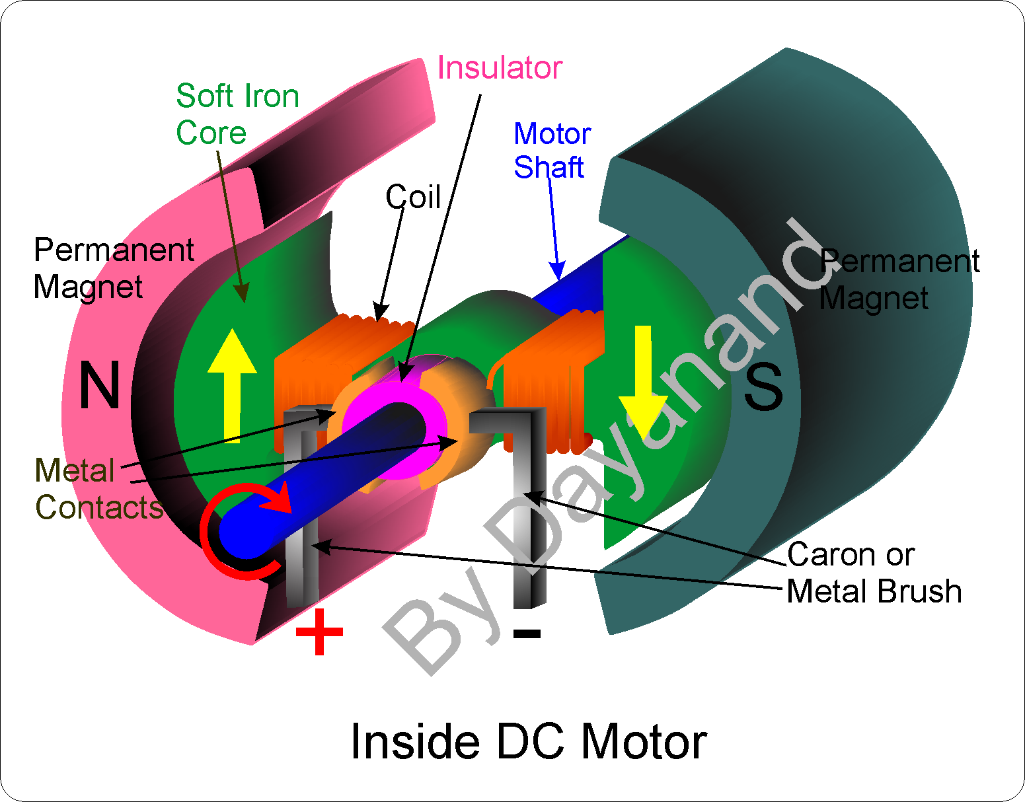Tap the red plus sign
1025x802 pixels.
point(319,632)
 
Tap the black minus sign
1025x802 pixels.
point(527,634)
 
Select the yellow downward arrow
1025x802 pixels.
point(642,383)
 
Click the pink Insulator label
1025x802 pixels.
point(500,68)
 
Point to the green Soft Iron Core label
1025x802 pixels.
point(237,114)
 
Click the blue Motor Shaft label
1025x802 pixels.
point(551,151)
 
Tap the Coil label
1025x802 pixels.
point(413,197)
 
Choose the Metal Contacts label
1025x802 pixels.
point(98,489)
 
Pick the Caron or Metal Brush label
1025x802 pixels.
point(873,573)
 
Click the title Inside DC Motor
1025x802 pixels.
point(528,742)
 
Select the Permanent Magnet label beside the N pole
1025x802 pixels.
point(113,268)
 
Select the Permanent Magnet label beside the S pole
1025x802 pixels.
point(899,279)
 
